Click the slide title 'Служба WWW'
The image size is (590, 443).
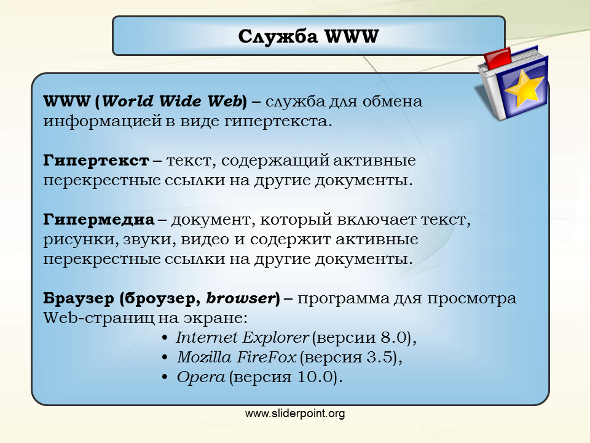click(308, 36)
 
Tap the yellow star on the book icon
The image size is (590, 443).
click(524, 88)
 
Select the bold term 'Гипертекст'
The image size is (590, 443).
click(96, 161)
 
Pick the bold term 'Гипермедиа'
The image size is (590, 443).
click(98, 220)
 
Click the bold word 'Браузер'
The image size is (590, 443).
click(79, 298)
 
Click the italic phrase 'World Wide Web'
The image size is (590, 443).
click(171, 102)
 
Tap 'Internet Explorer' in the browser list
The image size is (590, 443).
click(242, 338)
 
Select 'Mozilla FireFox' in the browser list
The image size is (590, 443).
click(237, 357)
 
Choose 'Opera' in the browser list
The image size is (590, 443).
click(201, 377)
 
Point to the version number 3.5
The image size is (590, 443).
click(380, 357)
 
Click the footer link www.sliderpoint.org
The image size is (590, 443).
click(295, 413)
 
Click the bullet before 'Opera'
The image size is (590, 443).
click(165, 377)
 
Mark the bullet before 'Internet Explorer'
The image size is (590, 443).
click(165, 338)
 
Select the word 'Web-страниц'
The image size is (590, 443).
click(98, 318)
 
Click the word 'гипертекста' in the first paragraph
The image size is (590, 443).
click(278, 122)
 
